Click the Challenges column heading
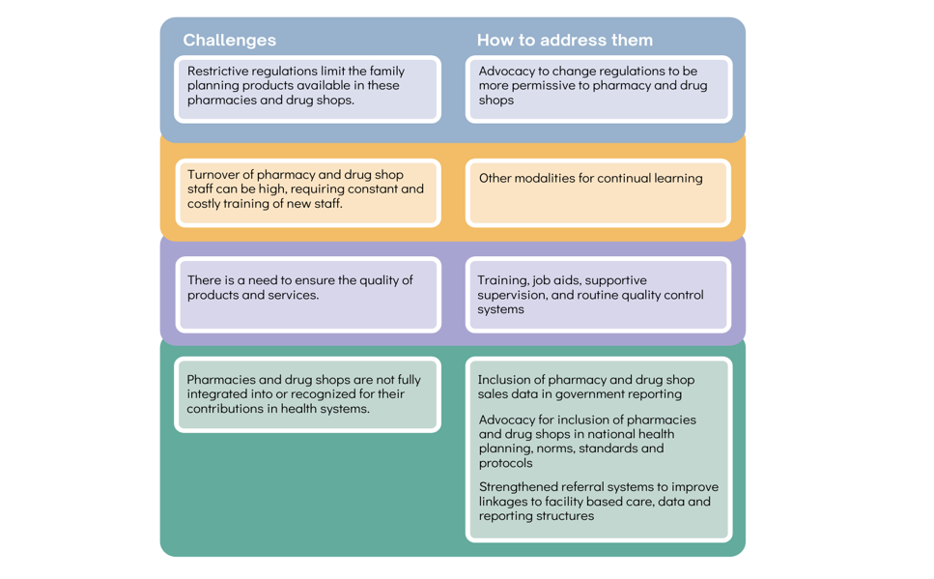(x=229, y=40)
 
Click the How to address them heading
(x=564, y=40)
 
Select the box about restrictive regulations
(x=307, y=89)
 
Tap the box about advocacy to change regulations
(x=598, y=89)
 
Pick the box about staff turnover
(x=307, y=192)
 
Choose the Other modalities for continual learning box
(x=598, y=192)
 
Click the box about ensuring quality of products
(x=307, y=294)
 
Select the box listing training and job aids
(x=598, y=294)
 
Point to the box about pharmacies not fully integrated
(x=307, y=394)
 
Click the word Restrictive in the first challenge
(x=219, y=72)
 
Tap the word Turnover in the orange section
(x=215, y=175)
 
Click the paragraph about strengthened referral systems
(x=598, y=501)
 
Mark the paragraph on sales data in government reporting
(x=585, y=387)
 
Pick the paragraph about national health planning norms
(x=587, y=441)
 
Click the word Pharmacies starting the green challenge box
(x=221, y=380)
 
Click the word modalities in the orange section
(x=551, y=178)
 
